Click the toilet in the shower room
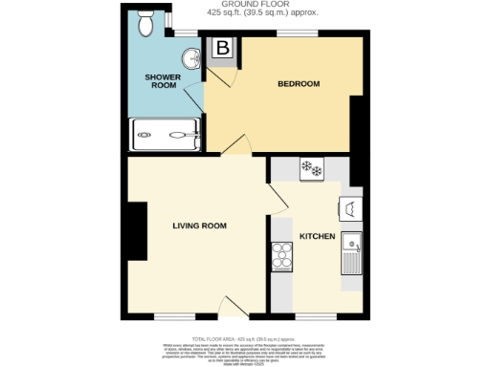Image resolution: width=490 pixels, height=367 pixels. (x=146, y=23)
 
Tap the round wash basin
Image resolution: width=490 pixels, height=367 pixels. (x=192, y=58)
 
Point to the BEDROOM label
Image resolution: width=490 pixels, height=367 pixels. (x=298, y=84)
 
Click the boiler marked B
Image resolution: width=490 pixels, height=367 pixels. (x=222, y=48)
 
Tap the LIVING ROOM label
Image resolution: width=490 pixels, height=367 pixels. (x=199, y=227)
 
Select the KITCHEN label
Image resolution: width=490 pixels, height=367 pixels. (x=317, y=236)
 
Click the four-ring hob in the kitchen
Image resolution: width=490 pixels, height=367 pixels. (x=283, y=255)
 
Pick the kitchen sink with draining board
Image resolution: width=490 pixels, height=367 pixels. (x=351, y=252)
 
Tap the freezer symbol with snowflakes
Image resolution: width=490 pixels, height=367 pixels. (x=312, y=169)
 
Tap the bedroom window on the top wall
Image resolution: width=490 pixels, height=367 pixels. (x=291, y=34)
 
